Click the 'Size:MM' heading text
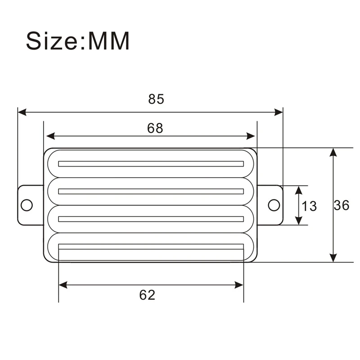(78, 41)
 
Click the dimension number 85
(156, 99)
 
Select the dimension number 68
(155, 128)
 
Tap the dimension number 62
(147, 295)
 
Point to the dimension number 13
(309, 206)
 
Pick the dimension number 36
(341, 206)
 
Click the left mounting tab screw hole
(27, 205)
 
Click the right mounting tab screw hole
(273, 205)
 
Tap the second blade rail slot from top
(151, 191)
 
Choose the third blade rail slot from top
(151, 219)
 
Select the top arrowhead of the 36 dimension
(333, 152)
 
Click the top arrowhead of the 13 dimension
(298, 190)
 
